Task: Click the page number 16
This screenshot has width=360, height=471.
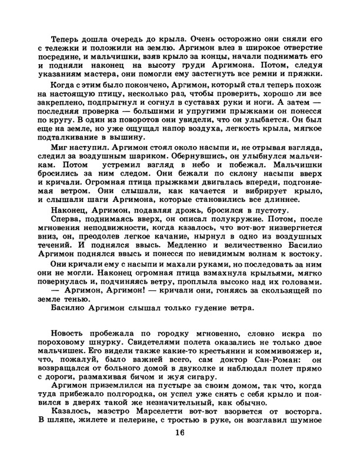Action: [x=180, y=450]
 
